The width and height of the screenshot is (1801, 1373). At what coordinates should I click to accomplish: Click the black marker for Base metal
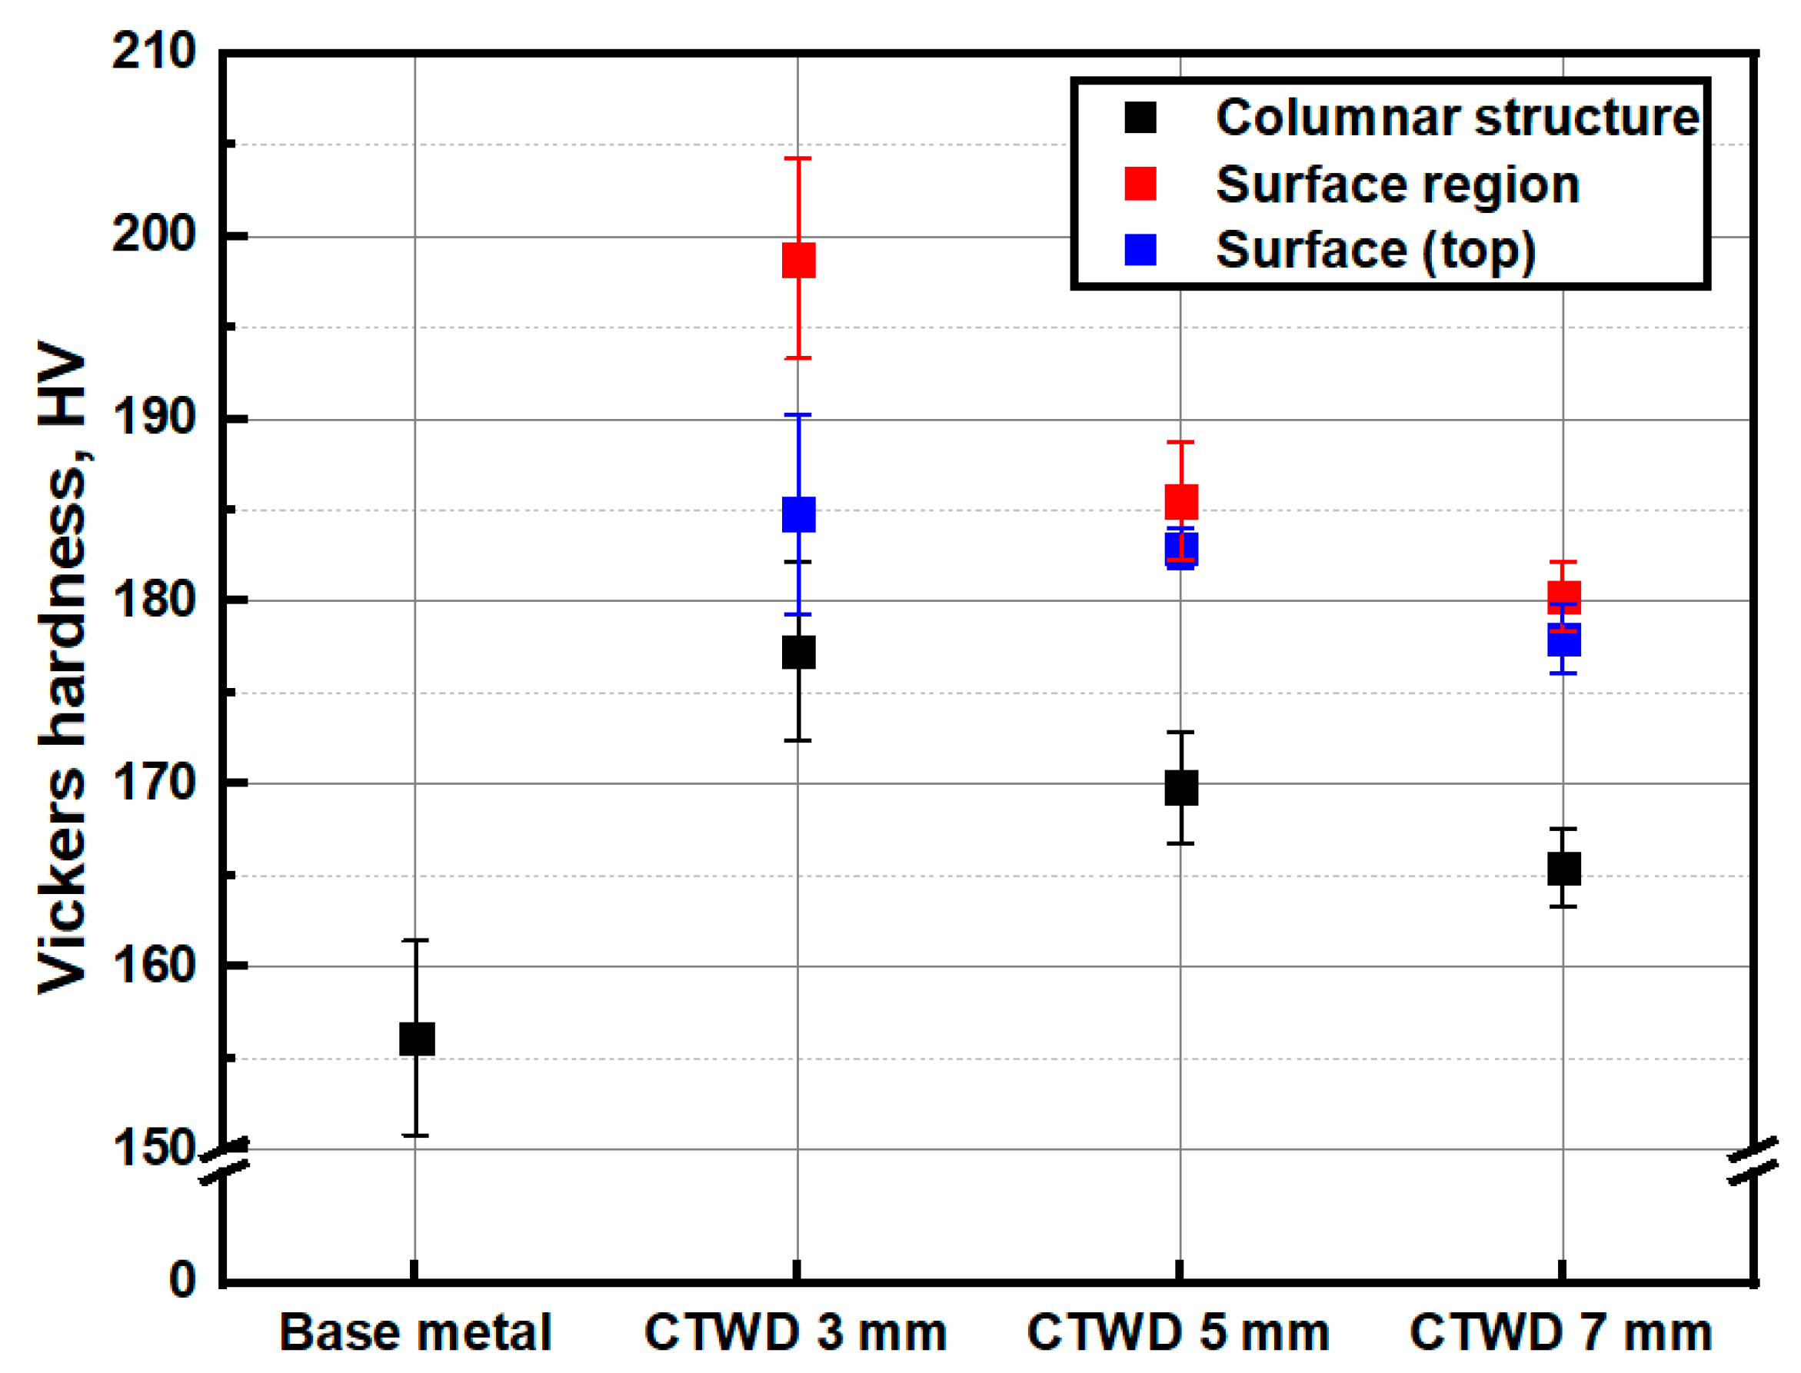(x=416, y=1039)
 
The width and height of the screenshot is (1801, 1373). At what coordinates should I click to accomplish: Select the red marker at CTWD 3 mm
(x=799, y=260)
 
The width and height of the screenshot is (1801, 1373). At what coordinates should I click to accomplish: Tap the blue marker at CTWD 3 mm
(x=799, y=514)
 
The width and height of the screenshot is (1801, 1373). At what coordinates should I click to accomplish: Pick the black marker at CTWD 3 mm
(x=799, y=652)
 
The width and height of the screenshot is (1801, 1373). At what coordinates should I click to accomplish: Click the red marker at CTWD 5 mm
(x=1181, y=501)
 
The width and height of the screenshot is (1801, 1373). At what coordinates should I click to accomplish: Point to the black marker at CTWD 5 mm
(x=1181, y=788)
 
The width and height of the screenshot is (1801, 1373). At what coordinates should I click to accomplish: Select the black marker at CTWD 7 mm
(x=1564, y=868)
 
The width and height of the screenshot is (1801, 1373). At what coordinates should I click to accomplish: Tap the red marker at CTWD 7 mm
(x=1564, y=597)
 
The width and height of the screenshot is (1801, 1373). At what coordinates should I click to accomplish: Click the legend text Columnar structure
(x=1456, y=118)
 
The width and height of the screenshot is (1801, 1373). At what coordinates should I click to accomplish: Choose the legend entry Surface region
(x=1397, y=185)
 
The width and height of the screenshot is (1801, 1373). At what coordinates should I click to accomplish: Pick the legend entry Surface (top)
(x=1375, y=250)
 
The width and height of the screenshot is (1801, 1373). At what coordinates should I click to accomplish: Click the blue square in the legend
(x=1140, y=250)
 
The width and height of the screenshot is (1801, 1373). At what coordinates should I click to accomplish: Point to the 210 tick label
(x=153, y=52)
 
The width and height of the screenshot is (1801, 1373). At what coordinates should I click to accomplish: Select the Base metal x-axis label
(x=415, y=1333)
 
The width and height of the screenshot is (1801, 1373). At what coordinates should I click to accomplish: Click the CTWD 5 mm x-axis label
(x=1178, y=1333)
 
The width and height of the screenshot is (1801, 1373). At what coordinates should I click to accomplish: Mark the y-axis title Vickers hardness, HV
(x=63, y=666)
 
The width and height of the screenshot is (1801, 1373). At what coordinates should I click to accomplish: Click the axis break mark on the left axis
(x=225, y=1161)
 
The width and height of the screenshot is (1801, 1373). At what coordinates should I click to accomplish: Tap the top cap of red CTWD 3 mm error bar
(x=798, y=158)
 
